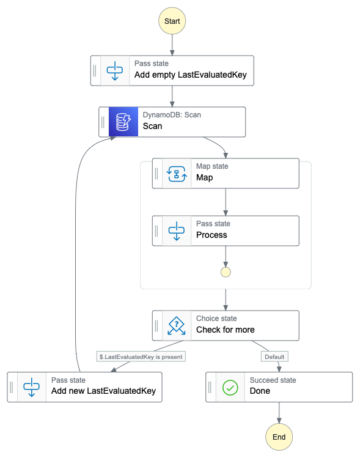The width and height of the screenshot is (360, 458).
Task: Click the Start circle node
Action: coord(172,21)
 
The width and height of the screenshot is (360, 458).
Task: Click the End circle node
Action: coord(279,437)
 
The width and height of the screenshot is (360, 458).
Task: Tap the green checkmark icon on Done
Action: coord(230,387)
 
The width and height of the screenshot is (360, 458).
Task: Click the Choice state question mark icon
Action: coord(177,325)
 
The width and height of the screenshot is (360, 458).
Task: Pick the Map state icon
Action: coord(177,174)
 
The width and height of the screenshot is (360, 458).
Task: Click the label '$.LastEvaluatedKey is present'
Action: coord(141,356)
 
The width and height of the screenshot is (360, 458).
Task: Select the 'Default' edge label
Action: coord(274,356)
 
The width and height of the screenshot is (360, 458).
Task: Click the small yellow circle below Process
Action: coord(226,272)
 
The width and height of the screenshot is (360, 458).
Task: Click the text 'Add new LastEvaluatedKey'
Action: coord(103,391)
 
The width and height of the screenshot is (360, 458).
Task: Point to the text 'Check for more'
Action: coord(225,330)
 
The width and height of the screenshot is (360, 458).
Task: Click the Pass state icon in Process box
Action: coord(177,231)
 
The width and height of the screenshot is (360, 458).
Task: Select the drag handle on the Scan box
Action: coord(104,122)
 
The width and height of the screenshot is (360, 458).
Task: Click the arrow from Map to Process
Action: coord(226,202)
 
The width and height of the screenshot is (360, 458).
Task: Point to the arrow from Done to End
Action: coord(279,413)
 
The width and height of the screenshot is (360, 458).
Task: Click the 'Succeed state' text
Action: coord(273,380)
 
